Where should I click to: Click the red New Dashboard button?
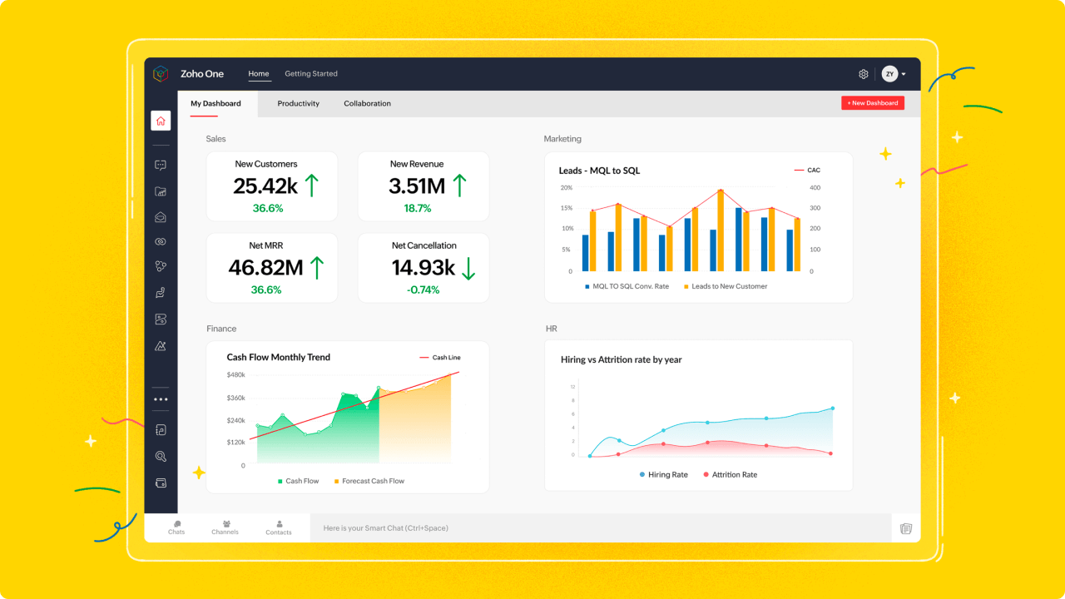click(x=872, y=103)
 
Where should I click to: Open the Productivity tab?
click(x=298, y=104)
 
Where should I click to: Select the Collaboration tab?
click(x=367, y=104)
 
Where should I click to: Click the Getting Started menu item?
click(x=310, y=74)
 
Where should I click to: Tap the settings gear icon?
click(x=864, y=74)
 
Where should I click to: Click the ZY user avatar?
click(x=889, y=74)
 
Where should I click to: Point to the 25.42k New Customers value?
click(x=265, y=186)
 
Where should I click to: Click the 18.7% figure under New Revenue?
click(x=418, y=209)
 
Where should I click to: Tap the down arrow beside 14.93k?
click(x=468, y=268)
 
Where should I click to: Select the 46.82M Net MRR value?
click(x=265, y=267)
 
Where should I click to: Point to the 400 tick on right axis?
click(x=815, y=188)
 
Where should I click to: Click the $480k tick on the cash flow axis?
click(x=235, y=375)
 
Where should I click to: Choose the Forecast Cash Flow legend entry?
click(x=373, y=481)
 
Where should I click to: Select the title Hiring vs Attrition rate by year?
click(x=621, y=360)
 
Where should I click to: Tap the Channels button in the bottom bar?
click(x=225, y=527)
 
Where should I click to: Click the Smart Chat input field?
click(x=599, y=528)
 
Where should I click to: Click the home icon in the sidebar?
click(x=161, y=121)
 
